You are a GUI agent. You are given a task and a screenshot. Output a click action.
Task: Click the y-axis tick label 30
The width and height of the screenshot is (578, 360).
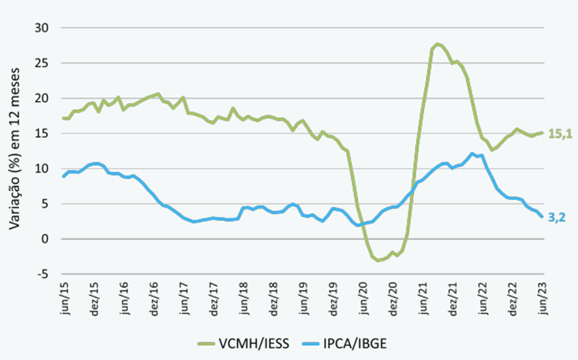(42, 28)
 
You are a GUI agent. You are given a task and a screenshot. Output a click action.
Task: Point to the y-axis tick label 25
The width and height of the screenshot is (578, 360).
(42, 63)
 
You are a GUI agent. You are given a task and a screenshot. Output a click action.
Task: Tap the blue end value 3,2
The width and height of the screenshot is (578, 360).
(556, 218)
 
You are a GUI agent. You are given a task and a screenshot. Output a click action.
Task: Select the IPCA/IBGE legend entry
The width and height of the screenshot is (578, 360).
(371, 342)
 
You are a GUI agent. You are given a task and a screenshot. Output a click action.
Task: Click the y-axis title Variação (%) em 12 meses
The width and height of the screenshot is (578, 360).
(14, 151)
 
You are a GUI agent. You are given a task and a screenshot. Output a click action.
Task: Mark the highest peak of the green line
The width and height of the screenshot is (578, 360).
(436, 44)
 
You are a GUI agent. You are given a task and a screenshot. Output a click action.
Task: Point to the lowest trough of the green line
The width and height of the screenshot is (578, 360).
(378, 260)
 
